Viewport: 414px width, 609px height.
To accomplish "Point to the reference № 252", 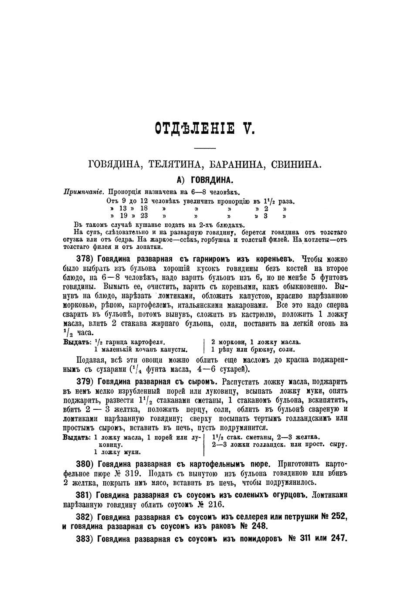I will coord(334,517).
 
